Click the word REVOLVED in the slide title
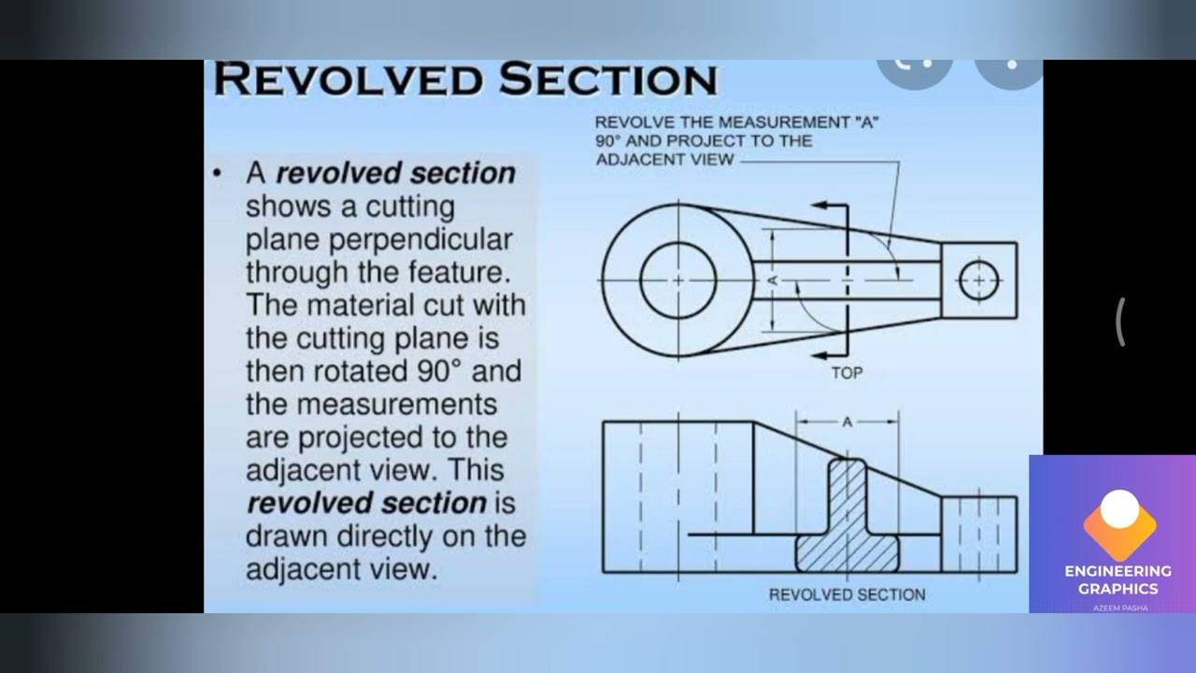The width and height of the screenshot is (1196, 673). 349,79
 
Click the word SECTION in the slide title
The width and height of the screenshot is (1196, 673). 608,79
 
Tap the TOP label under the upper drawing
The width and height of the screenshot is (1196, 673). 847,373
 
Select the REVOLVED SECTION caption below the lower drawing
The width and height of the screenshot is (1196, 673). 847,594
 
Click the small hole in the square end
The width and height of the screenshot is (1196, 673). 978,279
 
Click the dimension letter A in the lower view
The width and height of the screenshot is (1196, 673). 847,422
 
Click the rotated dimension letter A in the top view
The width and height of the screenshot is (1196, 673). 773,279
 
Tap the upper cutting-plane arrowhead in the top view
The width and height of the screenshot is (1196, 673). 819,205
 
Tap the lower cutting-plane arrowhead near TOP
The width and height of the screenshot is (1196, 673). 819,355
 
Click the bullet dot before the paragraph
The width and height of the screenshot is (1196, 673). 216,173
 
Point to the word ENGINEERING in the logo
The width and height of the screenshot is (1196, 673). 1118,571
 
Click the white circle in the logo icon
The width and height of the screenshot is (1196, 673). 1119,508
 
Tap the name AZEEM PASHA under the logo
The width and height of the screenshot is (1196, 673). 1120,608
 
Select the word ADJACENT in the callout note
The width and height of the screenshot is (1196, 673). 664,160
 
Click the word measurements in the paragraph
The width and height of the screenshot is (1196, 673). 371,404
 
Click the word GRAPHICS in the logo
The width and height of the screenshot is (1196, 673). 1118,589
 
